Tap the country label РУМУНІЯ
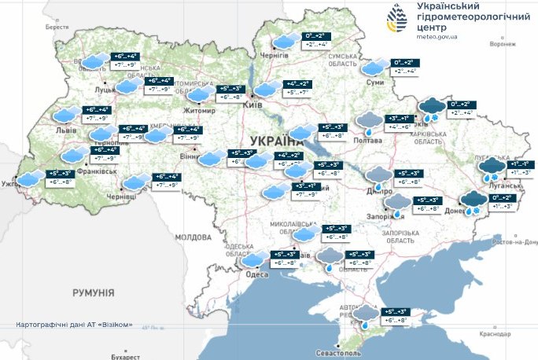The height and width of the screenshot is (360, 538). (93, 292)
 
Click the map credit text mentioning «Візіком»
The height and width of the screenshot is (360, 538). (74, 325)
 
